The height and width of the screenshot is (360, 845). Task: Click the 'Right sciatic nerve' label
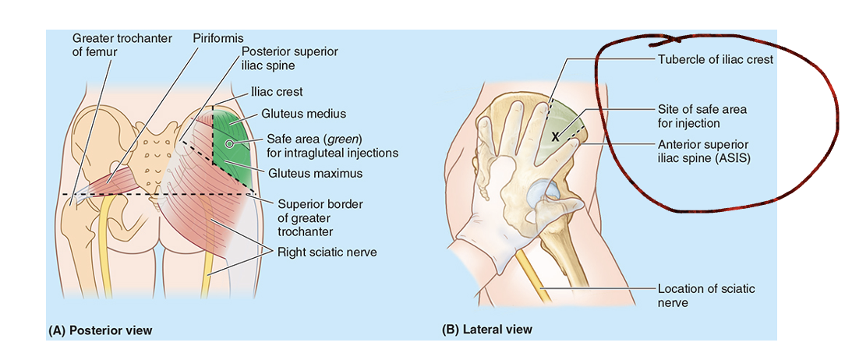[327, 252]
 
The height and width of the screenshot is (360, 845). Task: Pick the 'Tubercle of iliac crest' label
[715, 59]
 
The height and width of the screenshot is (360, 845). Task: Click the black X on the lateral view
[556, 136]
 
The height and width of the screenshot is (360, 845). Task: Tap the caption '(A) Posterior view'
[101, 330]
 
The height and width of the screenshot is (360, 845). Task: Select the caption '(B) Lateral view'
[487, 329]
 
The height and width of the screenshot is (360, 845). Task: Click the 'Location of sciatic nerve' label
[705, 295]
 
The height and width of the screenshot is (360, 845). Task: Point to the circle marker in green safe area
[229, 144]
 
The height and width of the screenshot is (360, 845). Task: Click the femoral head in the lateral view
[542, 196]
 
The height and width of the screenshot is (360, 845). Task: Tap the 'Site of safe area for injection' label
[700, 116]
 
